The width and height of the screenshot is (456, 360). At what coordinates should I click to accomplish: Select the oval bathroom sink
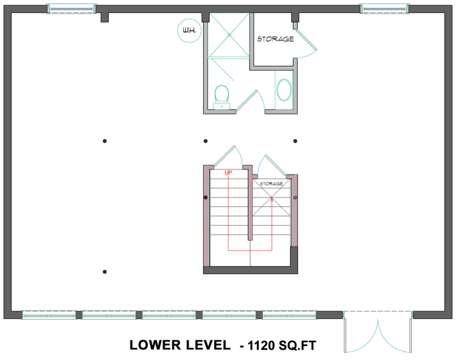[283, 89]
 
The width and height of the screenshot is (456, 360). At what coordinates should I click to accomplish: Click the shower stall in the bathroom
[228, 35]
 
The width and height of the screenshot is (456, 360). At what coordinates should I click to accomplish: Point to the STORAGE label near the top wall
[275, 39]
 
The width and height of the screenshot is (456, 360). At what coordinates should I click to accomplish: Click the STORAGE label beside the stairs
[271, 184]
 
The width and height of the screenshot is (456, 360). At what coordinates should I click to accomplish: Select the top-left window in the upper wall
[71, 9]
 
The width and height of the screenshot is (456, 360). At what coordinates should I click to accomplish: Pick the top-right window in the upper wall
[384, 9]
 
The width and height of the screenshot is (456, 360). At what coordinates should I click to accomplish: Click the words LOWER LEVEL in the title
[180, 345]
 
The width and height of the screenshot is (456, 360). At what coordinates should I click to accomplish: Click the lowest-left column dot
[104, 271]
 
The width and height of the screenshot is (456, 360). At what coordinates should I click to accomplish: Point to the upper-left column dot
[104, 141]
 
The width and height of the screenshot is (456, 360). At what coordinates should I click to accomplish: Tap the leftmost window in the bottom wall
[49, 314]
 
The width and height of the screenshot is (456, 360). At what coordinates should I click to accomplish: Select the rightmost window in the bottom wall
[289, 314]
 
